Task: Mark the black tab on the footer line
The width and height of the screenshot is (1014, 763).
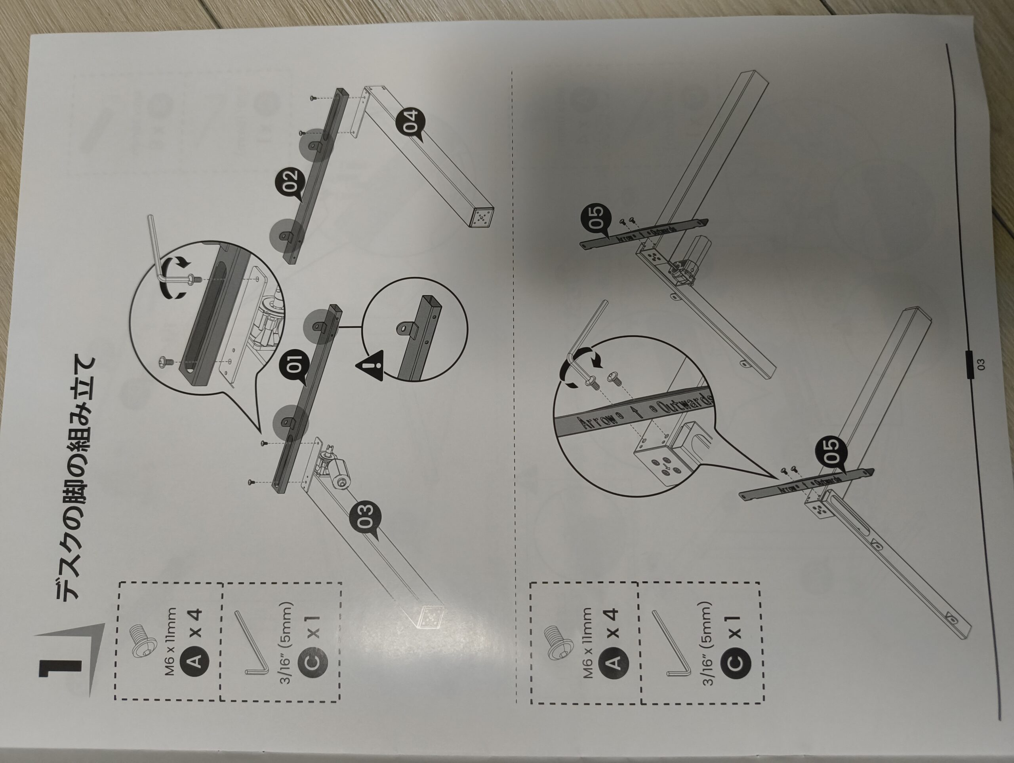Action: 971,364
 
